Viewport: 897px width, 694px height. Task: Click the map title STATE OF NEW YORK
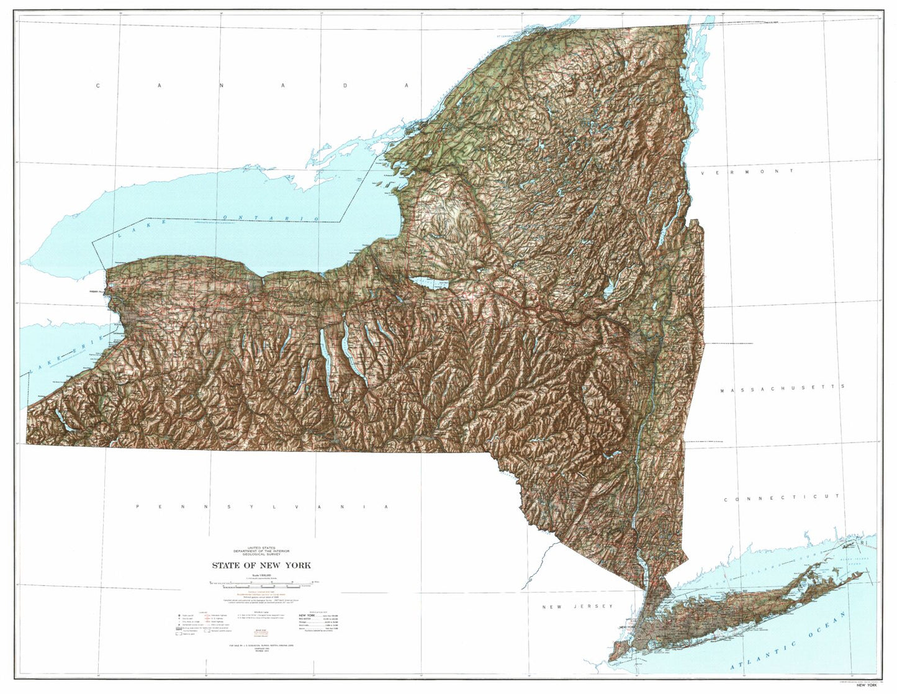point(261,566)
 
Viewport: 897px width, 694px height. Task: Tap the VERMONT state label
point(747,172)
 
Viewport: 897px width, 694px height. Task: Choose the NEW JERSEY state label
point(577,606)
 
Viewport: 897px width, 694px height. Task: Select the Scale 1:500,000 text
point(261,575)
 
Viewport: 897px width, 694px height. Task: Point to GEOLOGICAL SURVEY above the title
point(261,554)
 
